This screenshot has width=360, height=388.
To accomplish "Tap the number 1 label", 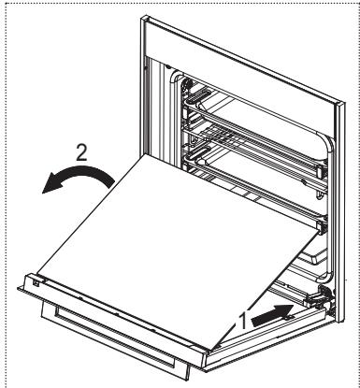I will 243,319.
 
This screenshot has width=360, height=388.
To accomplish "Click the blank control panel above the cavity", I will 238,42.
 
